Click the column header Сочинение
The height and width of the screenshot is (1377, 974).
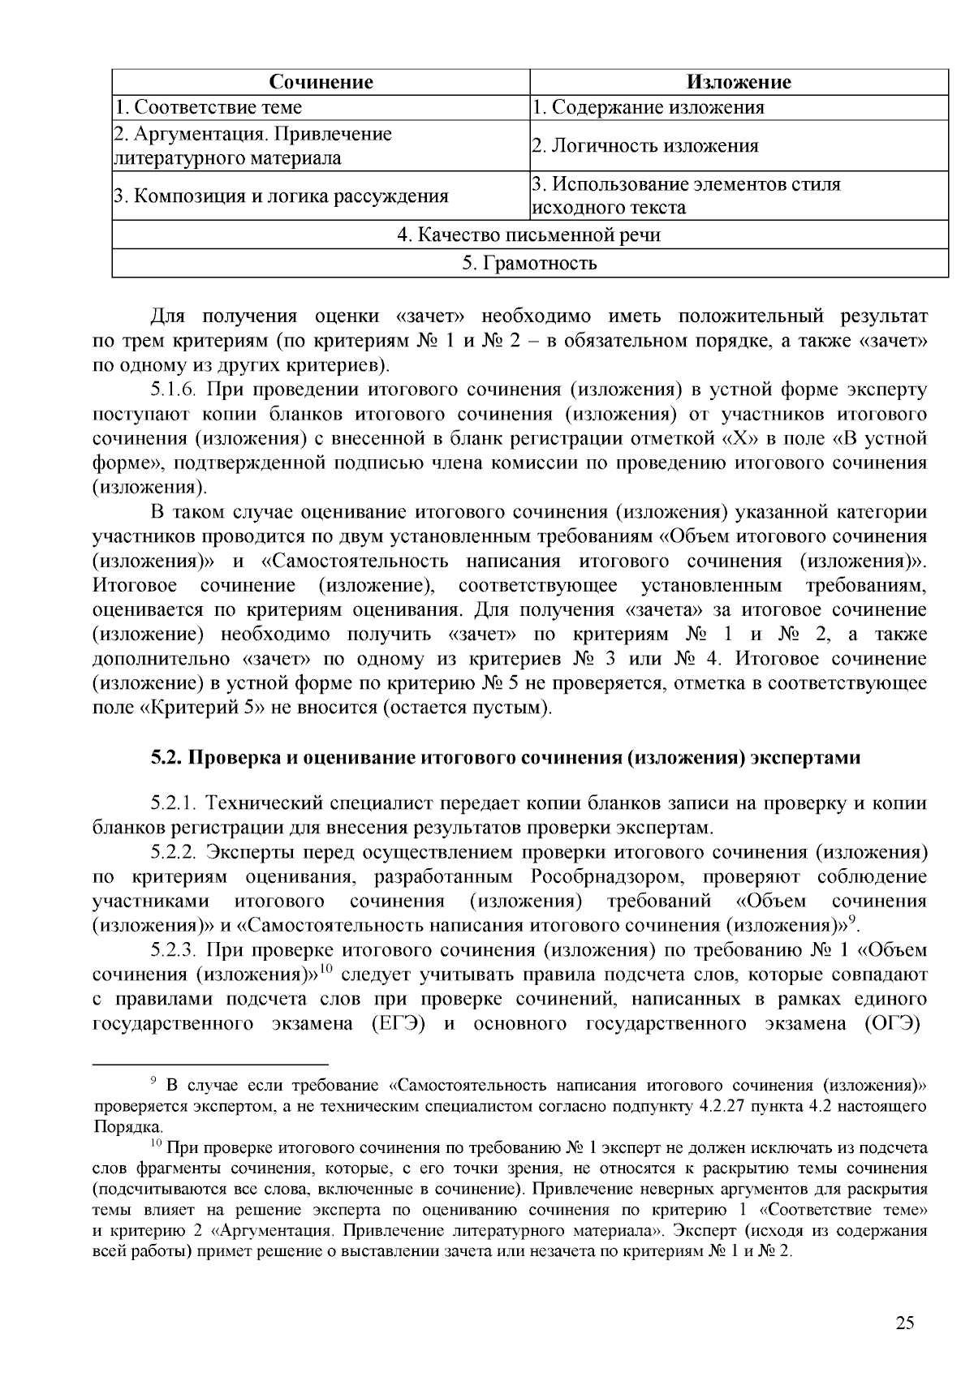tap(321, 82)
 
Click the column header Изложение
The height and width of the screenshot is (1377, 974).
tap(739, 82)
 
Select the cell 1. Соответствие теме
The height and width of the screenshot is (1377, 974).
tap(208, 107)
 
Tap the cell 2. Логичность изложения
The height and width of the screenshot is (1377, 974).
tap(644, 146)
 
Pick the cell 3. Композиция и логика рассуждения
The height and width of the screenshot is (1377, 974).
tap(280, 196)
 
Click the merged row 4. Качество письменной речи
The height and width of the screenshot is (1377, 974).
tap(529, 235)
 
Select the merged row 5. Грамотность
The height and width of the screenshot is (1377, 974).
tap(529, 263)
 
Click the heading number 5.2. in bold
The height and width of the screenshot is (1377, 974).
tap(168, 758)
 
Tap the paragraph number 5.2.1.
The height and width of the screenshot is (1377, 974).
tap(175, 803)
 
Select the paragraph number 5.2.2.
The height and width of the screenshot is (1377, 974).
tap(175, 852)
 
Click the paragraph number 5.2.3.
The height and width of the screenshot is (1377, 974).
tap(175, 949)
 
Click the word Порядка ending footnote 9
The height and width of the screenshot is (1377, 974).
tap(127, 1126)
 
